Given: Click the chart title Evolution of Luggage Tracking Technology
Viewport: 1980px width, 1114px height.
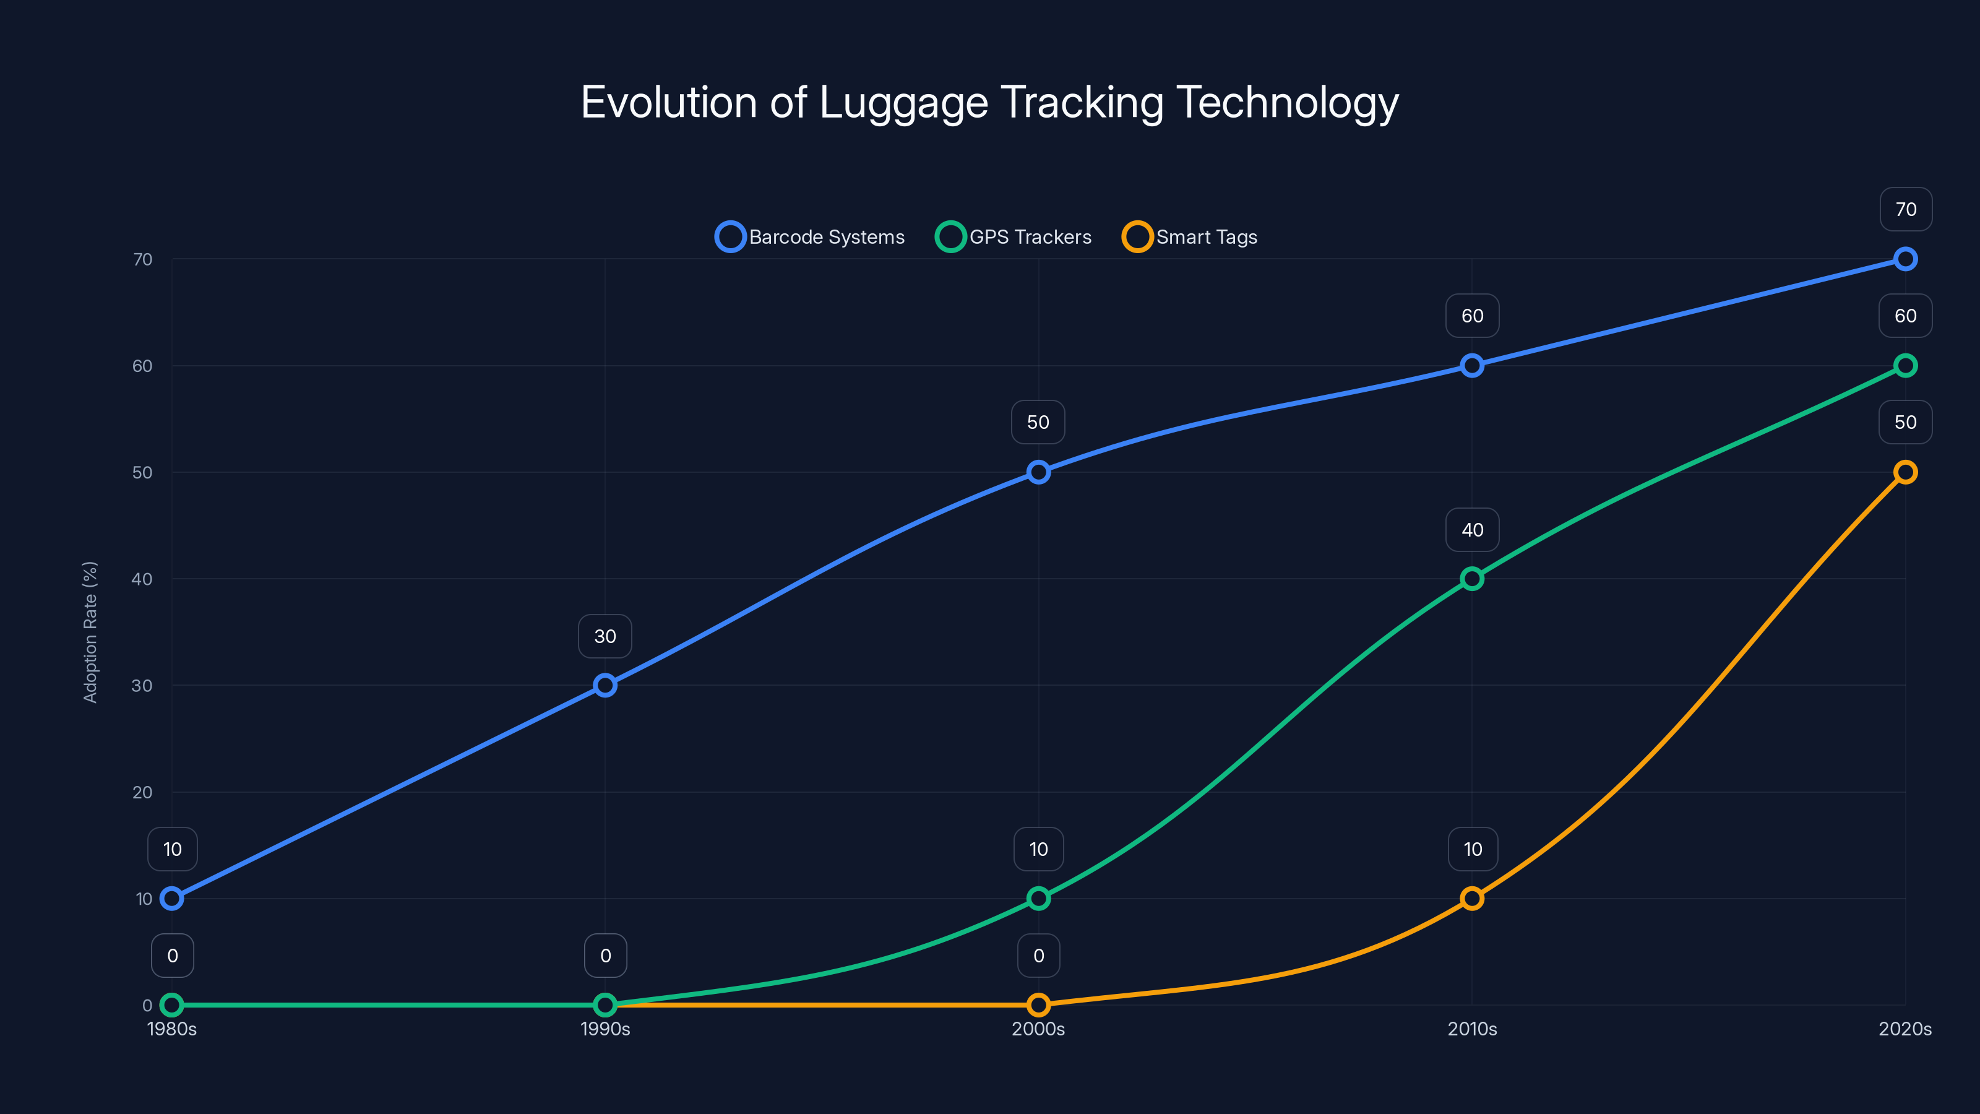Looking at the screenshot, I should pyautogui.click(x=989, y=102).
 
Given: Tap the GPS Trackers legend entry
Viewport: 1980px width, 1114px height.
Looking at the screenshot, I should pyautogui.click(x=1014, y=237).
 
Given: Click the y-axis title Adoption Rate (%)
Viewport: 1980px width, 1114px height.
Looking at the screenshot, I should pyautogui.click(x=90, y=632).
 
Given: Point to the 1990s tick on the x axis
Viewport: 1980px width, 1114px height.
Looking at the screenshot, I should pyautogui.click(x=605, y=1029).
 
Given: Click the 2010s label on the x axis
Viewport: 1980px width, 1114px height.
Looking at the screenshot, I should pyautogui.click(x=1472, y=1029).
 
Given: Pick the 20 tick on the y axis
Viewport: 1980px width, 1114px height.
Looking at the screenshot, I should pyautogui.click(x=142, y=792).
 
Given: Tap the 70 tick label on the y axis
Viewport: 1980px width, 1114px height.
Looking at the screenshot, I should pyautogui.click(x=142, y=259).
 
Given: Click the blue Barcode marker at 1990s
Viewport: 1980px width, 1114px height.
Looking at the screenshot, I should pyautogui.click(x=605, y=685).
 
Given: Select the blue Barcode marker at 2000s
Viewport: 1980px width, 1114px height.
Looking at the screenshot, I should pyautogui.click(x=1038, y=472).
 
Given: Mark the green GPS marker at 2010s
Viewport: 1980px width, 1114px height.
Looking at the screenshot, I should pyautogui.click(x=1472, y=579).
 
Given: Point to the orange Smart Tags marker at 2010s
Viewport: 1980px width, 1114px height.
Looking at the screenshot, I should pyautogui.click(x=1472, y=898).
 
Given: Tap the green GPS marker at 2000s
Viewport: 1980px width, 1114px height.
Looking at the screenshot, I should pyautogui.click(x=1038, y=898).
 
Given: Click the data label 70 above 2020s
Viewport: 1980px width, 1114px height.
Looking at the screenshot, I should pyautogui.click(x=1906, y=209).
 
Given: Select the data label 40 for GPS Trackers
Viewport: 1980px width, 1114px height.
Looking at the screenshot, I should pyautogui.click(x=1472, y=530).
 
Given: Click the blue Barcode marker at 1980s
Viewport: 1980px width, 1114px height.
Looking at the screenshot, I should pyautogui.click(x=172, y=898).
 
